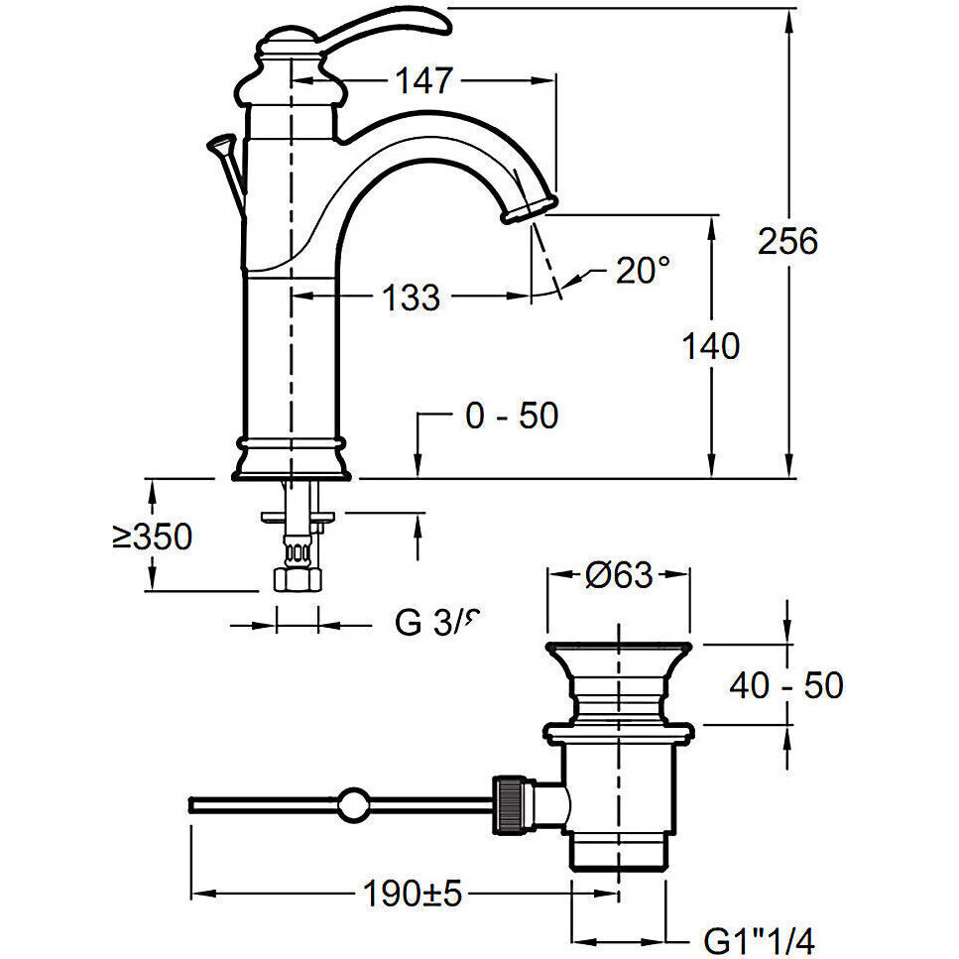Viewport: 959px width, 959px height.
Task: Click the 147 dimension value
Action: coord(424,80)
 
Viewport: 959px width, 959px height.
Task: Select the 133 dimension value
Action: coord(411,296)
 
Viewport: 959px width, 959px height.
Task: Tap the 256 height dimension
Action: coord(788,241)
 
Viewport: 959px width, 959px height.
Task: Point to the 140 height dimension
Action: coord(711,346)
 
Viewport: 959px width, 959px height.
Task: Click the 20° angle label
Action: coord(643,270)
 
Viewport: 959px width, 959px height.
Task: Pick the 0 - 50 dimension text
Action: coord(511,416)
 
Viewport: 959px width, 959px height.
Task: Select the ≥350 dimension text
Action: coord(151,537)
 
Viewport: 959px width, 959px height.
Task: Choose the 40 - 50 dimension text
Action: coord(786,684)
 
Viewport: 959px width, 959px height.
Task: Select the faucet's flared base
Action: coord(292,461)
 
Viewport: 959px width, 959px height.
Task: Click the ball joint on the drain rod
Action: coord(352,802)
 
